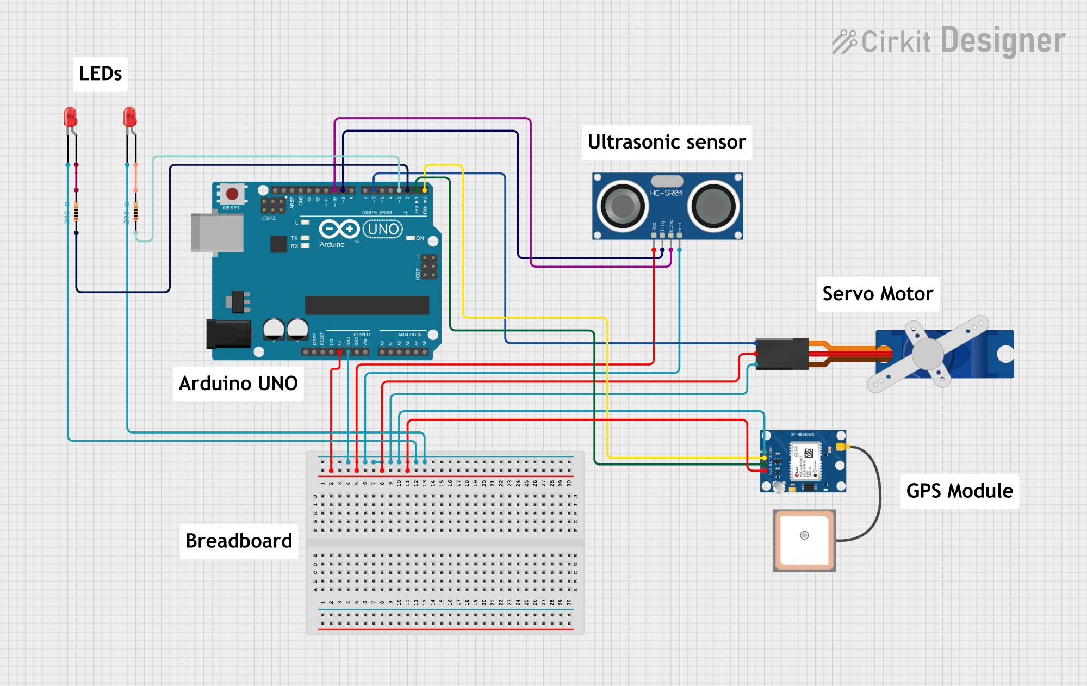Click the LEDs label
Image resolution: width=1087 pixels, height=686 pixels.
[x=100, y=73]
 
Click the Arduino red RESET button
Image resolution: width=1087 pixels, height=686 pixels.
[x=232, y=194]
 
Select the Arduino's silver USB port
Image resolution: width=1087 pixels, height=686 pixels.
[x=216, y=232]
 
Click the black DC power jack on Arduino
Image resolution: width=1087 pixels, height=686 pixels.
[x=228, y=333]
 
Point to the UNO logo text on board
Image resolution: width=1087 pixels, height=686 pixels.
[x=383, y=229]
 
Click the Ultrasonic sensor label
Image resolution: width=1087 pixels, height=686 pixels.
[x=666, y=142]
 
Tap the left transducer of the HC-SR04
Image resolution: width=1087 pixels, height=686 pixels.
[x=622, y=206]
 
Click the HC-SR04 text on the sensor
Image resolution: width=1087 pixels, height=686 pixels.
[x=666, y=193]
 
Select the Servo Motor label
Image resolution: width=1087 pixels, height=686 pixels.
[x=877, y=294]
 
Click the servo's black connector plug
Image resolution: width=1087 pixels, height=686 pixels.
[x=782, y=354]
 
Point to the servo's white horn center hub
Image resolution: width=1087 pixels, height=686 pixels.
[x=927, y=354]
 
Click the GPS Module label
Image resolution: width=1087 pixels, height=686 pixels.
[x=959, y=491]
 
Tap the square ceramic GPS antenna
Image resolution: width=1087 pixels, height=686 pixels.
[x=804, y=540]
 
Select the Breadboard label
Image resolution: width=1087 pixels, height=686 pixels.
[x=239, y=541]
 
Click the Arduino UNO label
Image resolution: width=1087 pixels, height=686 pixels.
[x=238, y=384]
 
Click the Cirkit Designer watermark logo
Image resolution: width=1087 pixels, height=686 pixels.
[x=948, y=41]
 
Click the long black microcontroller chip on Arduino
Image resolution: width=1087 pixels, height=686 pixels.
[x=367, y=305]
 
